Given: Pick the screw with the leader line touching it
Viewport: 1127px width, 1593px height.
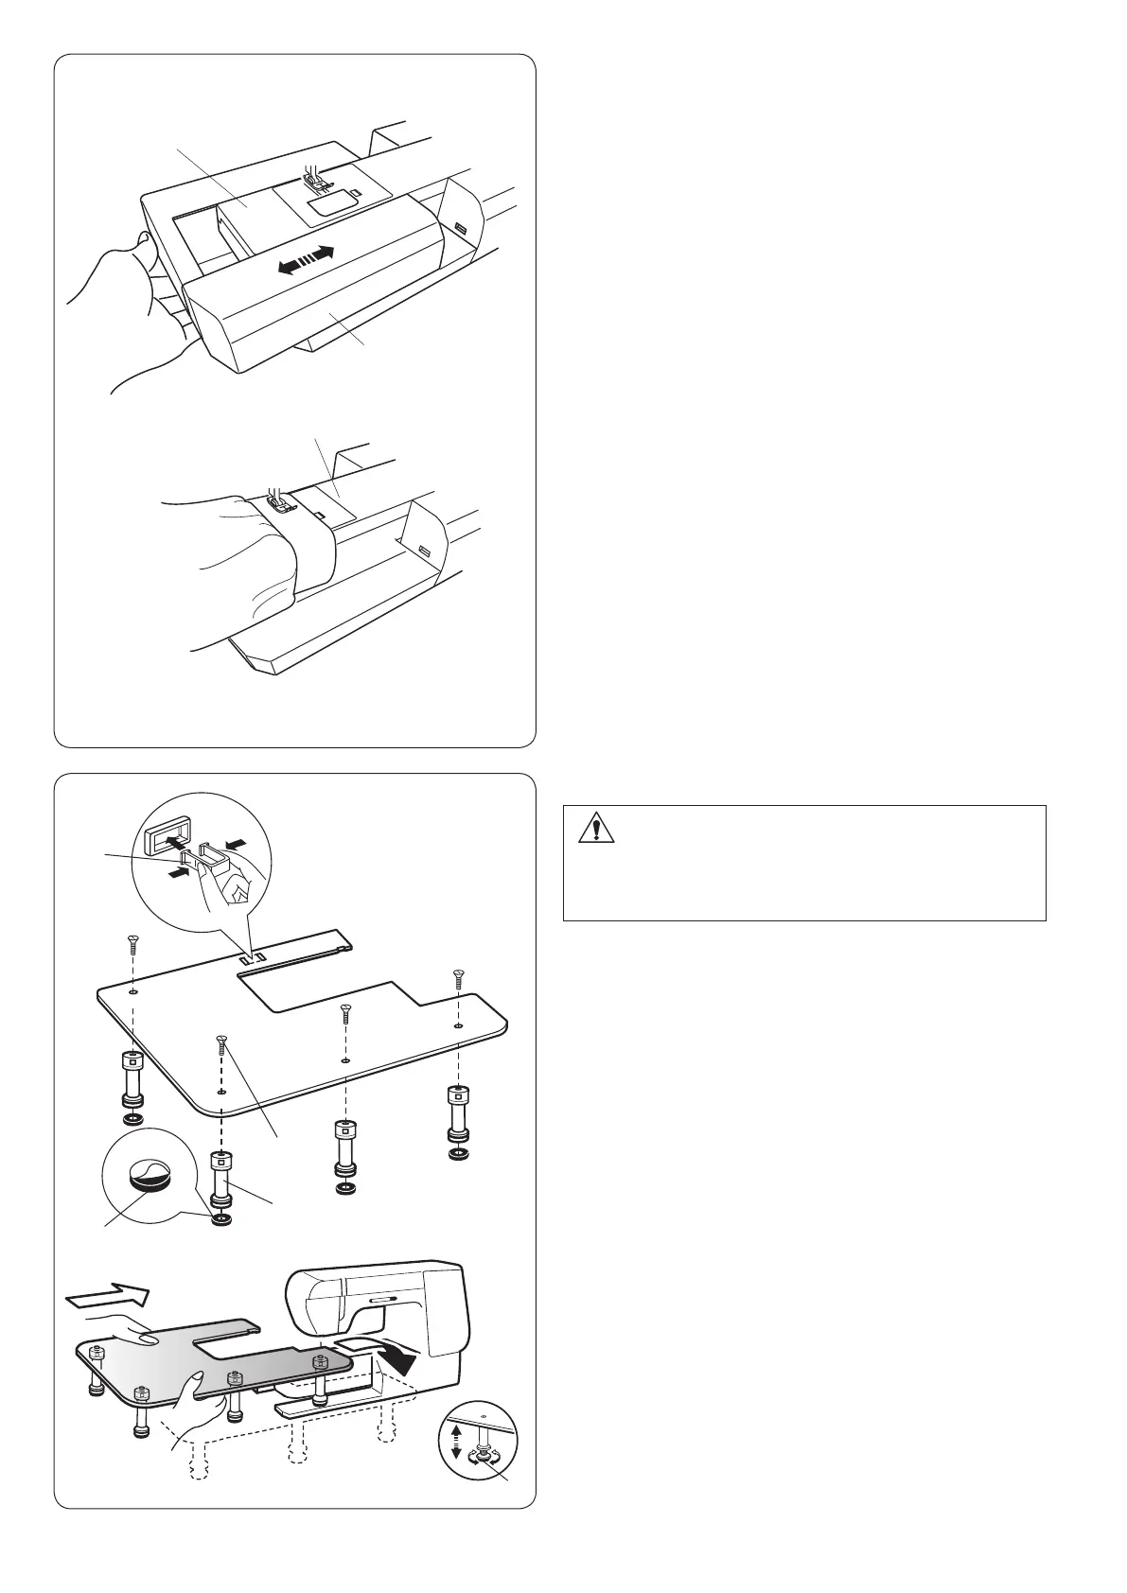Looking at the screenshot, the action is pos(220,1043).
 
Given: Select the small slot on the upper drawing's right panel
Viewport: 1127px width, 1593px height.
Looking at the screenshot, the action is pos(460,229).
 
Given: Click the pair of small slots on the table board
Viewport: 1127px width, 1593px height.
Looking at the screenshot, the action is pos(249,959).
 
